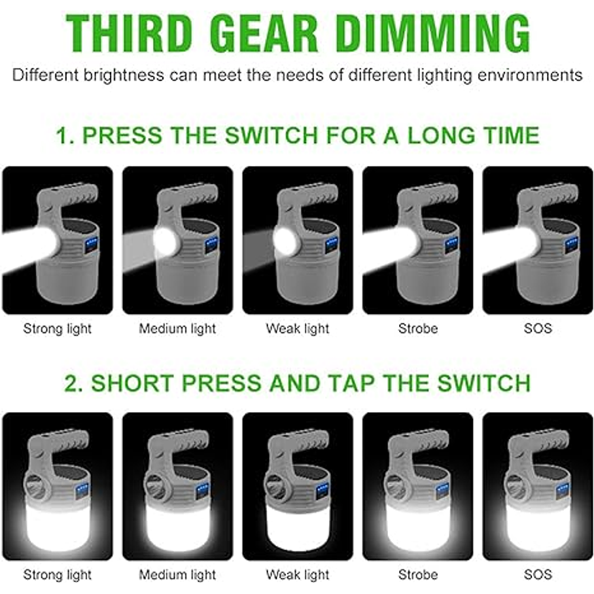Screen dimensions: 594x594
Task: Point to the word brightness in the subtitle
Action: [124, 75]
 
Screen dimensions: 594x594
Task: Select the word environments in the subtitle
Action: [530, 75]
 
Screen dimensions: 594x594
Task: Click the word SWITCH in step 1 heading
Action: [271, 135]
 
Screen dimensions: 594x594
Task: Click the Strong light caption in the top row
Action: [57, 328]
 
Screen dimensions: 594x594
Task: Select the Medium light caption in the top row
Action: [177, 328]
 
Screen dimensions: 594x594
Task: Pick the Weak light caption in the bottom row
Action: [298, 574]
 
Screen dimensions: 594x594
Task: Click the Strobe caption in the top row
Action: [418, 328]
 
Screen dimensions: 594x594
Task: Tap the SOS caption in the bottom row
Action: [538, 574]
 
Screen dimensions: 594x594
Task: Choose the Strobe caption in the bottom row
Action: [418, 574]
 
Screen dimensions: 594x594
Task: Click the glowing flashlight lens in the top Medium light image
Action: [166, 241]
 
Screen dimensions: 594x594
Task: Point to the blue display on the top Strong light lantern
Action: [91, 245]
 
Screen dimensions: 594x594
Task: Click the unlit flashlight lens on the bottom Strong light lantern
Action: [35, 487]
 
